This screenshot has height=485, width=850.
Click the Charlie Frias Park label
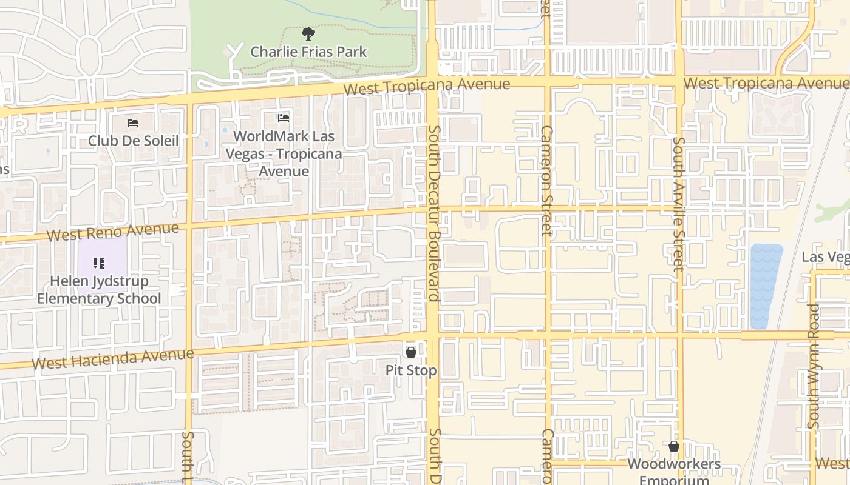[308, 52]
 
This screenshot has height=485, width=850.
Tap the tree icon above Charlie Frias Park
[308, 33]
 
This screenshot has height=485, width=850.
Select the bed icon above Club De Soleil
[133, 123]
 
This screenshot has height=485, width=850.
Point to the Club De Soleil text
[133, 141]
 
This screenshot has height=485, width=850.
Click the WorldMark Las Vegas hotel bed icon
[284, 118]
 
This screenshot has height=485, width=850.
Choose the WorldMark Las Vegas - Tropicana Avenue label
[284, 154]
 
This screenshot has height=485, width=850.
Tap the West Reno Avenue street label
[113, 232]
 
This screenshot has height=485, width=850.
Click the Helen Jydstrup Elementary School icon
[99, 263]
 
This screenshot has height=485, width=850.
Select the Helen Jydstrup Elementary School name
[99, 290]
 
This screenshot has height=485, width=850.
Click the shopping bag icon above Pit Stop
[411, 352]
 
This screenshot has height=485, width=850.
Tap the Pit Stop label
[411, 370]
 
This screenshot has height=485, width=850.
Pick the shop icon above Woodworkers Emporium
[673, 447]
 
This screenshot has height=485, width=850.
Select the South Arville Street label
[678, 203]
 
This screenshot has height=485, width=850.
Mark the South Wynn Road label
[814, 366]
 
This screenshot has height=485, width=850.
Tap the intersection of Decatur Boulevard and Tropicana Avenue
[432, 85]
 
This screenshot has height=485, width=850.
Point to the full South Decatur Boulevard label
[433, 213]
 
